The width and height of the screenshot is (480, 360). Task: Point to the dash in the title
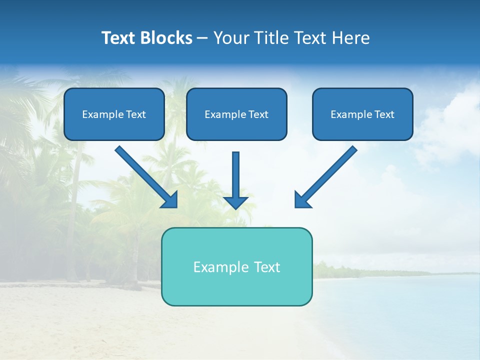tap(202, 38)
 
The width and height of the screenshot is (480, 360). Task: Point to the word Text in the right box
tap(384, 114)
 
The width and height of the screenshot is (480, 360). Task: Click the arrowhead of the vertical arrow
tap(235, 202)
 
